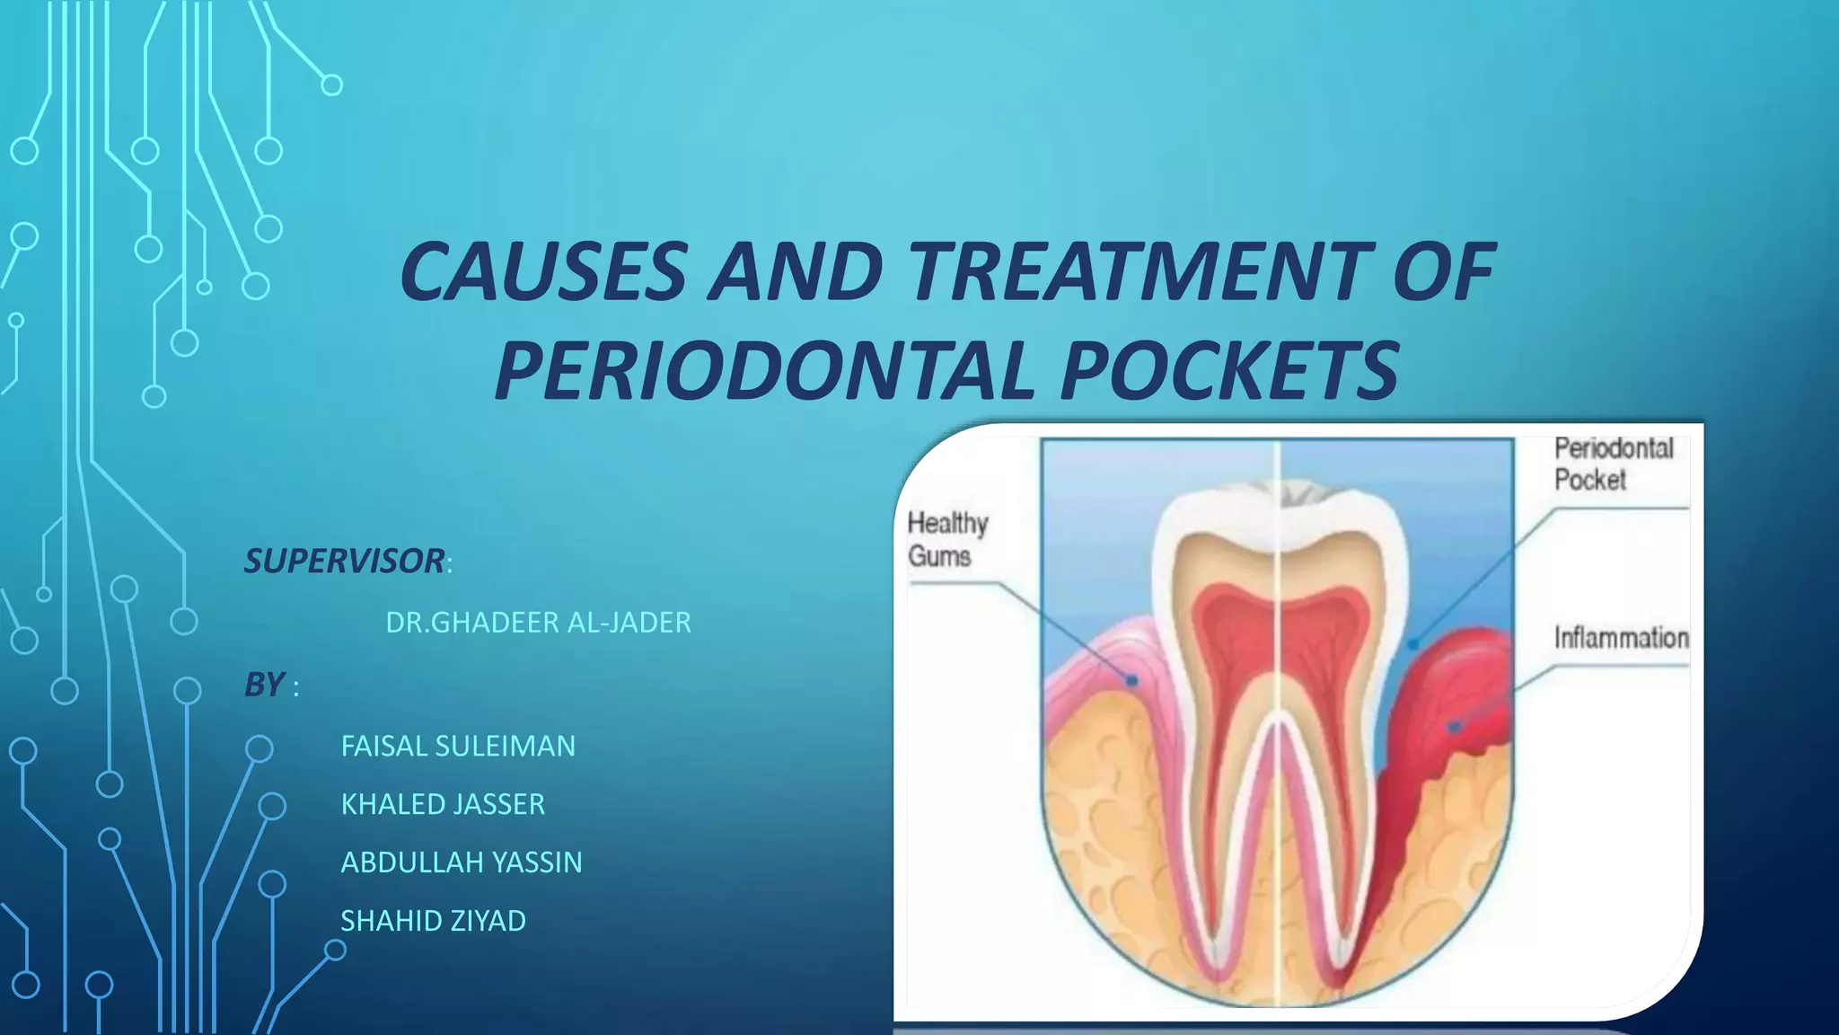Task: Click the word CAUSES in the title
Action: pyautogui.click(x=543, y=271)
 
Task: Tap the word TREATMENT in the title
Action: pyautogui.click(x=1140, y=271)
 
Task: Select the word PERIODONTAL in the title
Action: pyautogui.click(x=764, y=370)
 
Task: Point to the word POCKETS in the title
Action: pyautogui.click(x=1229, y=370)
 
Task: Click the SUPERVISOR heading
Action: pyautogui.click(x=345, y=561)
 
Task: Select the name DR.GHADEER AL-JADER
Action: pyautogui.click(x=538, y=622)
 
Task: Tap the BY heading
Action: pyautogui.click(x=265, y=685)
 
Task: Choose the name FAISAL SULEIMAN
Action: pyautogui.click(x=458, y=746)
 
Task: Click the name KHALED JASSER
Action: pyautogui.click(x=443, y=803)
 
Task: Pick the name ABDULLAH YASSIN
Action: pyautogui.click(x=462, y=862)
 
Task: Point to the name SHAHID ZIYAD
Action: pyautogui.click(x=433, y=920)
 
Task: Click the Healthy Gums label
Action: pyautogui.click(x=946, y=539)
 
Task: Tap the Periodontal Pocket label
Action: pyautogui.click(x=1614, y=464)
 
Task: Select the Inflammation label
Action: pyautogui.click(x=1621, y=638)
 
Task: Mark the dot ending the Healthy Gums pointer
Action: pyautogui.click(x=1132, y=681)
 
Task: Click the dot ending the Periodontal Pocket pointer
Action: pyautogui.click(x=1412, y=644)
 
